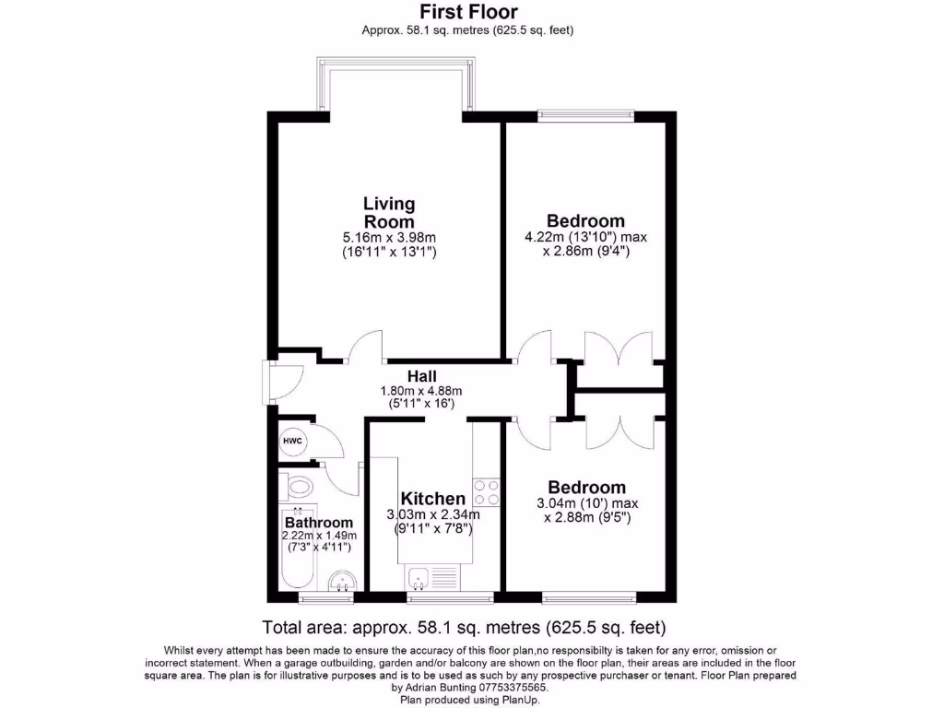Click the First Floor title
[468, 12]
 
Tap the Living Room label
[388, 212]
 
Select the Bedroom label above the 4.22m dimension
[585, 221]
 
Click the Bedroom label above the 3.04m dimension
[586, 487]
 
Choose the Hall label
[422, 376]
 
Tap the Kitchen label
[431, 499]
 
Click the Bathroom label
[318, 523]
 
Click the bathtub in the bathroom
[298, 553]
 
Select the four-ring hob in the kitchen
[486, 492]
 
